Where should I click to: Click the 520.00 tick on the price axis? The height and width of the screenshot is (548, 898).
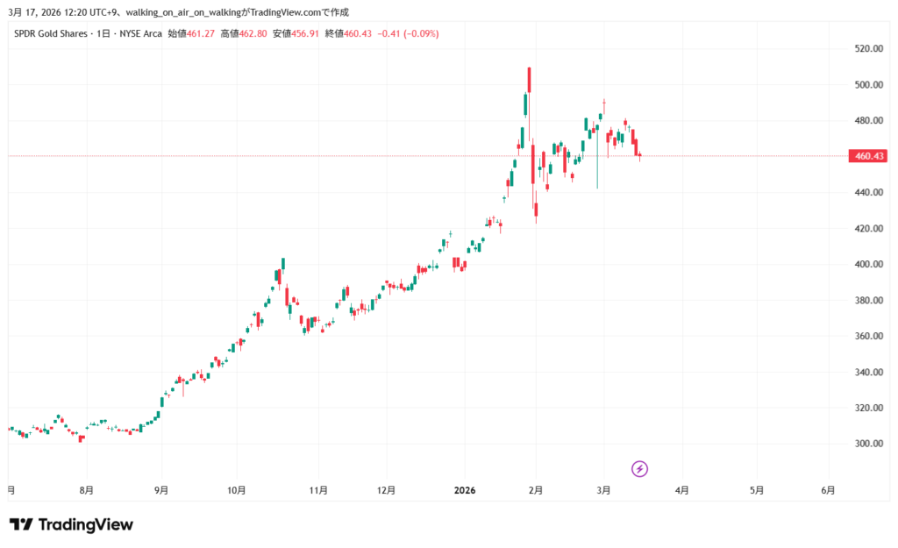click(867, 48)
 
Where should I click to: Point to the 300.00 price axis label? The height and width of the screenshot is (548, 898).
click(867, 444)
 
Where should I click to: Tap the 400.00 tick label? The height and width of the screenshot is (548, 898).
click(867, 264)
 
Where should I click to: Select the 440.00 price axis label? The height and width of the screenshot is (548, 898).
click(867, 192)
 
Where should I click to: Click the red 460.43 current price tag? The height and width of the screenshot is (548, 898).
click(867, 156)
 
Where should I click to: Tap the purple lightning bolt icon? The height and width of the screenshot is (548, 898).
click(639, 469)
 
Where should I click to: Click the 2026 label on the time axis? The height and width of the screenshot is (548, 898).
click(465, 490)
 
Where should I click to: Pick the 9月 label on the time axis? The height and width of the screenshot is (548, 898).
click(161, 490)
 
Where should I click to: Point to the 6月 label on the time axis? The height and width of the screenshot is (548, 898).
click(828, 490)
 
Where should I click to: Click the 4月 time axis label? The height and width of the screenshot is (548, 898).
click(682, 490)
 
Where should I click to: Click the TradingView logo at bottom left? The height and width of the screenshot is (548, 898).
click(72, 524)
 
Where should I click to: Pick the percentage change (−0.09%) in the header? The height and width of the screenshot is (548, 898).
click(416, 33)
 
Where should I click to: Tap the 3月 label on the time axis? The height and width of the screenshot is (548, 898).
click(603, 490)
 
